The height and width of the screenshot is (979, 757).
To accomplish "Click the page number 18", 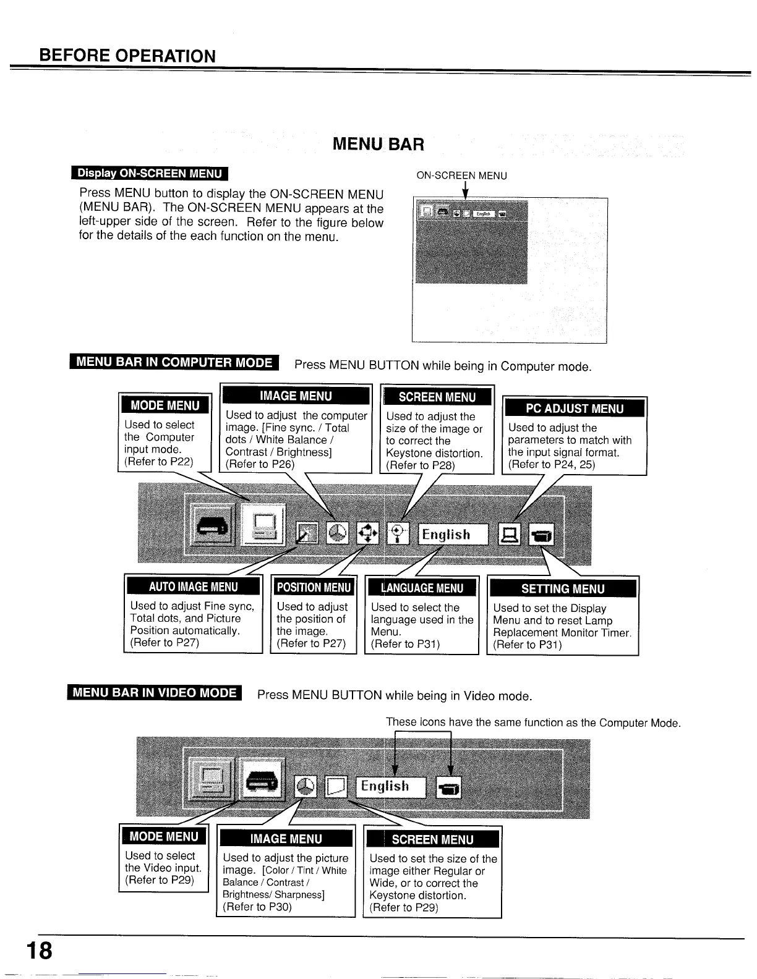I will tap(39, 949).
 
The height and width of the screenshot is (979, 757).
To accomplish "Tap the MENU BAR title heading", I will tap(378, 145).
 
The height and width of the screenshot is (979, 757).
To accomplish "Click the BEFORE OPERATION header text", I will tap(127, 56).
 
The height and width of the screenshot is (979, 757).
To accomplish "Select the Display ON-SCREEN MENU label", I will tap(149, 173).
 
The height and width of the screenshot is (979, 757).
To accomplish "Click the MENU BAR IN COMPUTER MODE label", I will tap(174, 362).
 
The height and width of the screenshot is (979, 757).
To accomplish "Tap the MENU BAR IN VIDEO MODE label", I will tap(155, 693).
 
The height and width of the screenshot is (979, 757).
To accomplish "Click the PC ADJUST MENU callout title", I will tap(575, 408).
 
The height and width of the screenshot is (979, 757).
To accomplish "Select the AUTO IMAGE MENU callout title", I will tap(193, 587).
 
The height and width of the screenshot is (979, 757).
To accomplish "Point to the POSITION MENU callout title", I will tap(314, 587).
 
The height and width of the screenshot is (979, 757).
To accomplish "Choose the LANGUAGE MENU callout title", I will tap(422, 588).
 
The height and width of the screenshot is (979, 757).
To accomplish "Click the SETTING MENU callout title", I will tap(562, 588).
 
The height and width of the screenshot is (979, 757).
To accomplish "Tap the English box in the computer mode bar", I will tap(453, 534).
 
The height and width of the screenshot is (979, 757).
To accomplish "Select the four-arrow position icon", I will tap(368, 532).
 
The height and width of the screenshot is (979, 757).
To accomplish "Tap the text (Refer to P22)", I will tap(159, 462).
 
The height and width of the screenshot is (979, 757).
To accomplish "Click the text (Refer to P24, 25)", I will tap(551, 465).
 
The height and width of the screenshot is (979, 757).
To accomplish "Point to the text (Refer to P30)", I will tap(257, 907).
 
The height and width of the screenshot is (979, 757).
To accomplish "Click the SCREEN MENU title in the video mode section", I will tap(432, 839).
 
